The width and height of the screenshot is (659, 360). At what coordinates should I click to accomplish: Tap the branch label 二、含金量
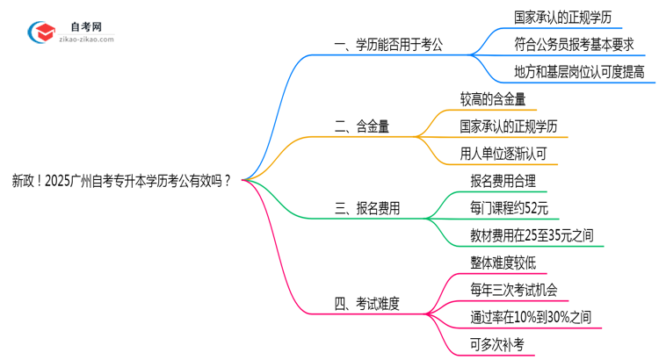tap(363, 126)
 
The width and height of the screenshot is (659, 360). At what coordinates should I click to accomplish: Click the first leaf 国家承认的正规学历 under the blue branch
tap(568, 16)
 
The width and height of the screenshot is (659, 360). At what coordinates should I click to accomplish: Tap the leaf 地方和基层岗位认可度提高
tap(579, 72)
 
